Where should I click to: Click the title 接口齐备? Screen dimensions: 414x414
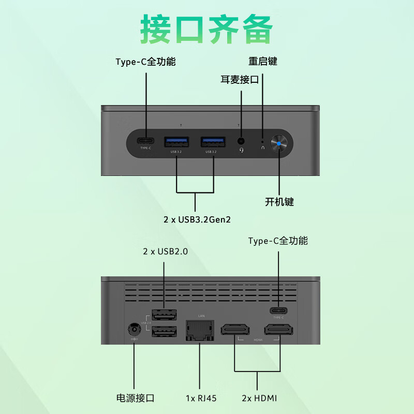coord(206,30)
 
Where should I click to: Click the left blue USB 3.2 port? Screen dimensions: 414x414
coord(176,141)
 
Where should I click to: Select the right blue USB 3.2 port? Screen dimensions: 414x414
coord(213,141)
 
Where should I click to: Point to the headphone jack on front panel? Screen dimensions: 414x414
coord(241,141)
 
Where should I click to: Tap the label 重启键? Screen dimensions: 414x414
coord(263,61)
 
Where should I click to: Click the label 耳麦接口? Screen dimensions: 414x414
coord(240,79)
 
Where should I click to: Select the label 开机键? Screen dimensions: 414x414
coord(279,202)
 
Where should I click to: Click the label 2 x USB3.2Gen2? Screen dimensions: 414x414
coord(197,219)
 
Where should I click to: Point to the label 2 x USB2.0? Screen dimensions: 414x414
coord(165,252)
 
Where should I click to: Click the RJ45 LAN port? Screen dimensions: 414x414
coord(199,330)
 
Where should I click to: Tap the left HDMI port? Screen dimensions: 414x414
coord(235,330)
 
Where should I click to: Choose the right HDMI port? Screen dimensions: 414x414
coord(279,330)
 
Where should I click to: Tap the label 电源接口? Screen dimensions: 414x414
coord(135,398)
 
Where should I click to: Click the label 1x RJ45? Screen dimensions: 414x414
coord(201,398)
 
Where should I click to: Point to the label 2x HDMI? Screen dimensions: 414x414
coord(259,398)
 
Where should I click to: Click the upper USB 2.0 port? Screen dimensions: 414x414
coord(164,314)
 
